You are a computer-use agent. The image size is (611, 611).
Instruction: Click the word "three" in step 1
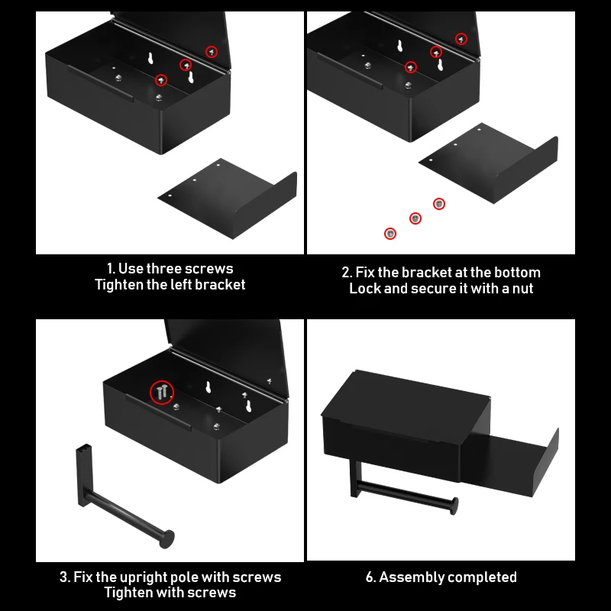(x=163, y=269)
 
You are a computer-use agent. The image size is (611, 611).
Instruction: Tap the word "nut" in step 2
(x=522, y=289)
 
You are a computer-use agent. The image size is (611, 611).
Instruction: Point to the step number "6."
(x=371, y=577)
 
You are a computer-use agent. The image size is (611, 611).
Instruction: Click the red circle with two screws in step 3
(x=162, y=392)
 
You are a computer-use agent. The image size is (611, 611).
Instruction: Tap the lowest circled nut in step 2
(x=390, y=234)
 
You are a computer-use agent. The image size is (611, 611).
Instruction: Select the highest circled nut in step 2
(x=439, y=204)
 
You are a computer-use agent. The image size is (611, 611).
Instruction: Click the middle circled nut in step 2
(x=415, y=218)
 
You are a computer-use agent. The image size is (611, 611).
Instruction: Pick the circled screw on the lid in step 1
(x=212, y=52)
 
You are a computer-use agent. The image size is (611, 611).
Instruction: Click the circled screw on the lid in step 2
(x=461, y=39)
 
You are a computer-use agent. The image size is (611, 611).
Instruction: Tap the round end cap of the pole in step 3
(x=167, y=539)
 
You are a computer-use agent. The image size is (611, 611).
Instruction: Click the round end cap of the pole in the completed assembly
(x=454, y=506)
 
